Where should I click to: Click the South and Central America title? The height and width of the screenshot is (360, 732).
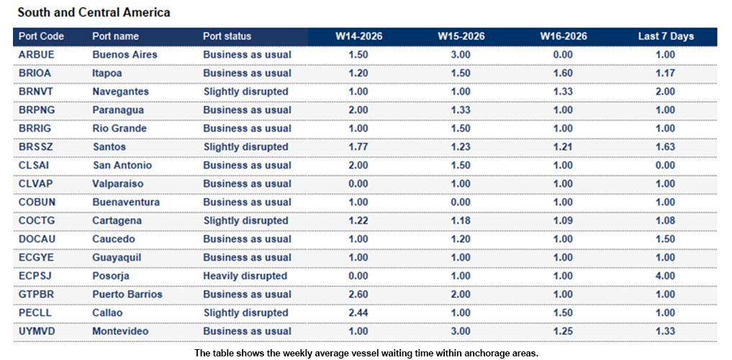click(x=94, y=12)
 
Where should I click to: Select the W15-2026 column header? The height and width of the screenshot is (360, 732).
click(x=461, y=36)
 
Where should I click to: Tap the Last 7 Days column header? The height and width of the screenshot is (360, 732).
click(x=666, y=36)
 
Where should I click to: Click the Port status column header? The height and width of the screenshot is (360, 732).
click(x=227, y=36)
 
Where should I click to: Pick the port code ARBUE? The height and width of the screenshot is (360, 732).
click(x=37, y=55)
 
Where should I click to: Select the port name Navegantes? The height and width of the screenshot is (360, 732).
click(x=121, y=91)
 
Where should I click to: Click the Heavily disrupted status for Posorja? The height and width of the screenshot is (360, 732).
click(x=245, y=276)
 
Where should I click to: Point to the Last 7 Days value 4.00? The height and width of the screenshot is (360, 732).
click(x=665, y=276)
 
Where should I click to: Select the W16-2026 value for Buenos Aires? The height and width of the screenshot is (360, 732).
click(x=563, y=55)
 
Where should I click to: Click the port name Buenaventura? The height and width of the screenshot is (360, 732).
click(x=126, y=202)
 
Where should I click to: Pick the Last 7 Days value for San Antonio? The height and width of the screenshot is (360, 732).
click(x=665, y=166)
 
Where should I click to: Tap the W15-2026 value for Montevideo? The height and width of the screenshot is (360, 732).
click(x=461, y=331)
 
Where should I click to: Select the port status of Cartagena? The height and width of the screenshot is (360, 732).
click(x=245, y=220)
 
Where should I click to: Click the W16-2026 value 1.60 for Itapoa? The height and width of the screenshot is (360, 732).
click(x=563, y=73)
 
